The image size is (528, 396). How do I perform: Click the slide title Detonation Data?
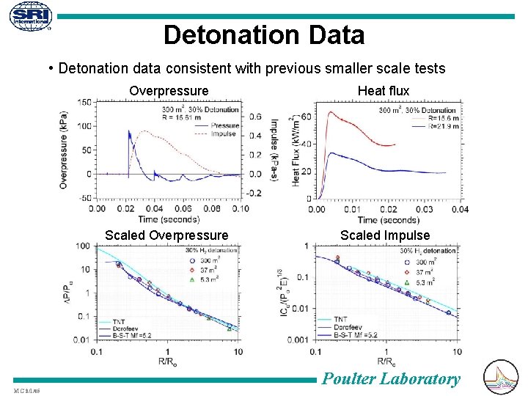tap(264, 34)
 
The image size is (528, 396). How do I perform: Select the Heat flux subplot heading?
tap(383, 90)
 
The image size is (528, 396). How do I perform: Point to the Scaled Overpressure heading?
tap(166, 235)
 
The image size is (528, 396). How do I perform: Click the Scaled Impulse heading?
tap(385, 235)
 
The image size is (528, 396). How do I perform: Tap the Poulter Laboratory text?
tap(392, 378)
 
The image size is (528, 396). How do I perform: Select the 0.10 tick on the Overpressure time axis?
tap(239, 208)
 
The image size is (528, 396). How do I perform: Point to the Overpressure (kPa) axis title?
tap(65, 147)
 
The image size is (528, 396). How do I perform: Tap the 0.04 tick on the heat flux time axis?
tap(460, 209)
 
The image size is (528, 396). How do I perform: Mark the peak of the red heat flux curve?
tap(331, 112)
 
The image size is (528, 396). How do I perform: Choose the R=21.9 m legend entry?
tap(439, 125)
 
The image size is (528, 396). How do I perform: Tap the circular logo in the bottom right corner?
tap(502, 378)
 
